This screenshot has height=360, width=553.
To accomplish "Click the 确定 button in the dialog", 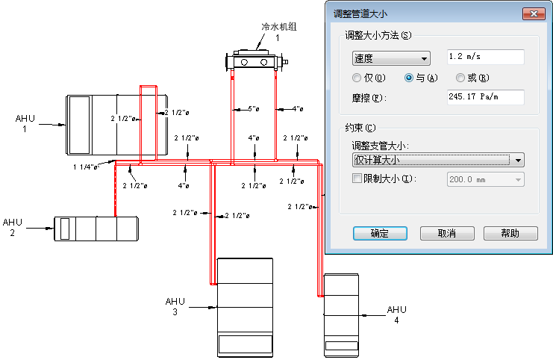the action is [380, 233].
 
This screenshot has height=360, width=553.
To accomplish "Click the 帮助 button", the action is [510, 233].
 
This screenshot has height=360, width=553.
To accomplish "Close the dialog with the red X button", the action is [534, 13].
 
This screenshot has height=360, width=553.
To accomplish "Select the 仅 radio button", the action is [357, 78].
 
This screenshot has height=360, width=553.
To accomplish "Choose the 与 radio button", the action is [409, 78].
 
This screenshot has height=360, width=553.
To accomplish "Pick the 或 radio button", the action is [460, 78].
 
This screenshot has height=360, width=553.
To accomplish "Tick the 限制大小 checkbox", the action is [357, 179].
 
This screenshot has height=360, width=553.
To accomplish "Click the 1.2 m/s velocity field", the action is [486, 57].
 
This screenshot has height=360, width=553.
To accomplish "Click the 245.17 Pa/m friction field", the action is [486, 97].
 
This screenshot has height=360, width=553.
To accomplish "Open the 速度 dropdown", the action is [391, 58].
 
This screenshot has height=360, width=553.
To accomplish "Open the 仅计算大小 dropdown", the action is [438, 161].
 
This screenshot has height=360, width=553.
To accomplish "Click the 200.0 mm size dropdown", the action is [486, 179].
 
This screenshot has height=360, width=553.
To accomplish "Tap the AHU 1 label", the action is [25, 123].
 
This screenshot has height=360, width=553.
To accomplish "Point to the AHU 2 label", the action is [13, 227].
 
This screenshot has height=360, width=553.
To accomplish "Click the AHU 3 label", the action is [175, 306].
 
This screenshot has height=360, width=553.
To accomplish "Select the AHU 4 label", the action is [397, 315].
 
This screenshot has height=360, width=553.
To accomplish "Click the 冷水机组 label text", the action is [279, 27].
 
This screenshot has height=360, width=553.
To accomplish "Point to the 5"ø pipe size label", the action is [254, 109].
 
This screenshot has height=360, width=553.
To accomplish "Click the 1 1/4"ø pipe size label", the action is [85, 167].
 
